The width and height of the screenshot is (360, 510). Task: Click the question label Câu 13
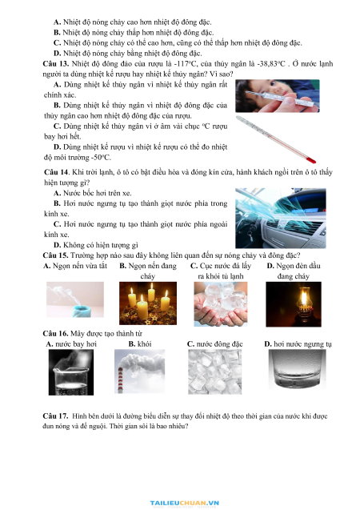click(55, 64)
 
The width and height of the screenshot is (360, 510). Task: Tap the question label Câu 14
click(57, 172)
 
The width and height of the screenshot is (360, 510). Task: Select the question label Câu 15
click(55, 255)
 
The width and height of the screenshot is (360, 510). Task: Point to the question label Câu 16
click(55, 333)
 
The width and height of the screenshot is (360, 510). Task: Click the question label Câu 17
click(55, 416)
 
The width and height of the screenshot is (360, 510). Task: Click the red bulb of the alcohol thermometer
click(311, 160)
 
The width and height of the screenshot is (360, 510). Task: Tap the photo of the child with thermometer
click(278, 96)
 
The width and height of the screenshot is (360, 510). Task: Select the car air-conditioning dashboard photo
click(281, 219)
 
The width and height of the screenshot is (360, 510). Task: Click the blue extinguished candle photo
click(75, 299)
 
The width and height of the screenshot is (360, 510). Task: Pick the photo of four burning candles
click(148, 303)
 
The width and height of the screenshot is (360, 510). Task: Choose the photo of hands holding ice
click(221, 304)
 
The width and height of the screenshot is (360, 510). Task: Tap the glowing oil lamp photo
click(294, 304)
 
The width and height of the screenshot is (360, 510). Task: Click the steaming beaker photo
click(71, 372)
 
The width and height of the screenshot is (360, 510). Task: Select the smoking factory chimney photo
click(140, 371)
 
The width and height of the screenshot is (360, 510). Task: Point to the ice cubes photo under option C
click(214, 372)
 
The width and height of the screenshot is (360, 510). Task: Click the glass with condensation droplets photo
click(297, 370)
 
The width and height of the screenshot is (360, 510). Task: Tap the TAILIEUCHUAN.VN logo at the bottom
click(185, 504)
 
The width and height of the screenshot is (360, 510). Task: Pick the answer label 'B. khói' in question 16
click(140, 343)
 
